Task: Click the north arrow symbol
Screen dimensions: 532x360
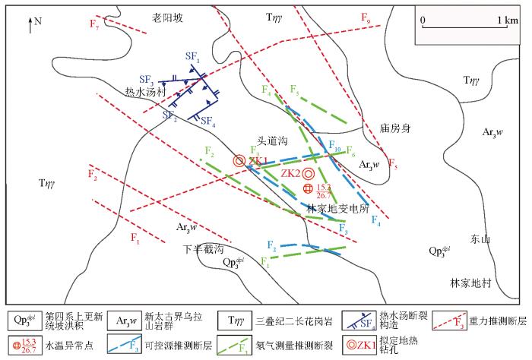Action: pyautogui.click(x=30, y=25)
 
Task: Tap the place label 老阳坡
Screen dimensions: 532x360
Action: pyautogui.click(x=167, y=17)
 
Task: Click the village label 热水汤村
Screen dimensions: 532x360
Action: pyautogui.click(x=146, y=92)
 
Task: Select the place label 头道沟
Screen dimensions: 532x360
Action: pyautogui.click(x=272, y=141)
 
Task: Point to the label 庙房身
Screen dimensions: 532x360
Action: pyautogui.click(x=395, y=128)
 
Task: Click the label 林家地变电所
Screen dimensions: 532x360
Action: pyautogui.click(x=337, y=208)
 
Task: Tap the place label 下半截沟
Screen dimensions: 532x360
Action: pyautogui.click(x=204, y=249)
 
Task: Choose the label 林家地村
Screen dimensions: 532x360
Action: pyautogui.click(x=470, y=283)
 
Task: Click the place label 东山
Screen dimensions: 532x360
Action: pyautogui.click(x=480, y=239)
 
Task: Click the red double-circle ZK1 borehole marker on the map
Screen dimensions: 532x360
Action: pyautogui.click(x=239, y=161)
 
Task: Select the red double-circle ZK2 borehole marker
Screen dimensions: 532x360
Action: pyautogui.click(x=309, y=174)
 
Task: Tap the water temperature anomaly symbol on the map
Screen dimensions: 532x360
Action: pyautogui.click(x=308, y=188)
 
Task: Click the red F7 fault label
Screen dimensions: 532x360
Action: pyautogui.click(x=94, y=24)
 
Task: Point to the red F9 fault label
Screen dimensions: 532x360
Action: pyautogui.click(x=366, y=17)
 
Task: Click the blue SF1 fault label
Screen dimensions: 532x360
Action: pyautogui.click(x=192, y=57)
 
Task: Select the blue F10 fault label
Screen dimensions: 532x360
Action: pyautogui.click(x=334, y=146)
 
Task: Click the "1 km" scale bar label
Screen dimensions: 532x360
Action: pyautogui.click(x=508, y=20)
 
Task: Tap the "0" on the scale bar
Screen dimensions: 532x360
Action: pyautogui.click(x=423, y=20)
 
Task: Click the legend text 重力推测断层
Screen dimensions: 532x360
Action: pyautogui.click(x=498, y=321)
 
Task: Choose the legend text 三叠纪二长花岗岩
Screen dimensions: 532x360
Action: pyautogui.click(x=294, y=321)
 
